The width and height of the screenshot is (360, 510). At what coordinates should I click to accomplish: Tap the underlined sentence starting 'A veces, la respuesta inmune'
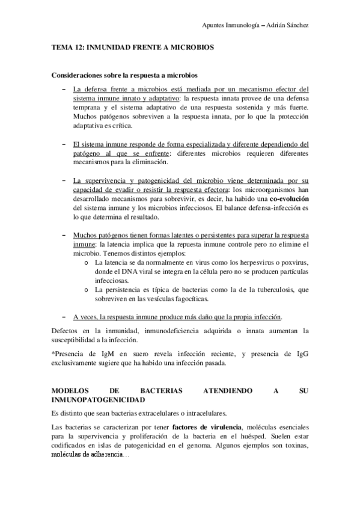(177, 317)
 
